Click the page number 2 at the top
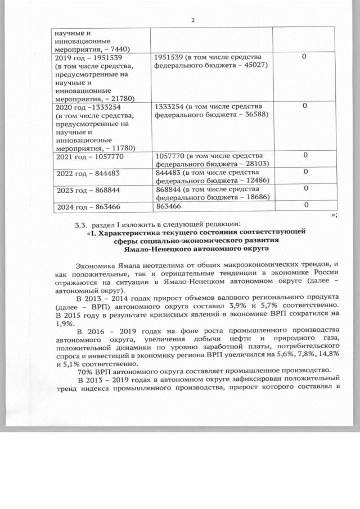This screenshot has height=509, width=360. (x=192, y=21)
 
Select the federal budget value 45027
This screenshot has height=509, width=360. (x=256, y=66)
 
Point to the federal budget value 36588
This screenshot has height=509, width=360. (x=256, y=115)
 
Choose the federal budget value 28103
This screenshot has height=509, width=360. (x=256, y=163)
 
